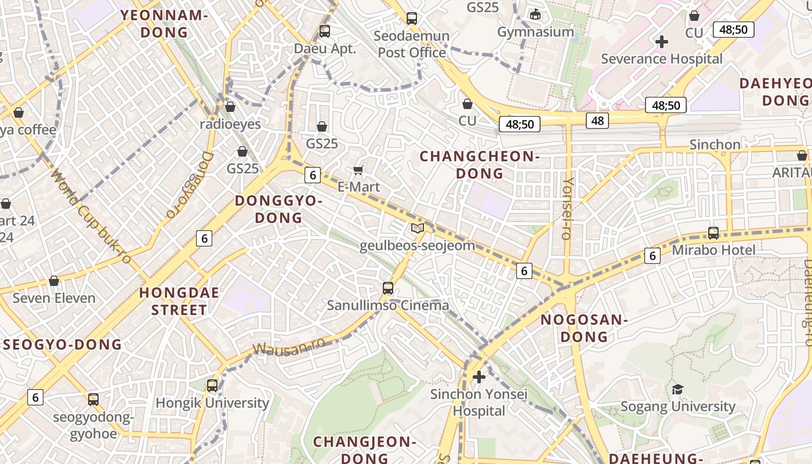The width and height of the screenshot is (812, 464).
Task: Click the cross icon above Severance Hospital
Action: pyautogui.click(x=661, y=42)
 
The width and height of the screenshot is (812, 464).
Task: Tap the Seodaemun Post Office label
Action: pyautogui.click(x=411, y=44)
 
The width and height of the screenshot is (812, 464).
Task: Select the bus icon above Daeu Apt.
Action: pyautogui.click(x=324, y=31)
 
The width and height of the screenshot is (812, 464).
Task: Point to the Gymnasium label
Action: pyautogui.click(x=535, y=32)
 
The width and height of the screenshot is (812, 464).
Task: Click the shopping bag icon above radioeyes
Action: pyautogui.click(x=230, y=107)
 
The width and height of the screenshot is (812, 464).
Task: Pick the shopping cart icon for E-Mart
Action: pyautogui.click(x=358, y=170)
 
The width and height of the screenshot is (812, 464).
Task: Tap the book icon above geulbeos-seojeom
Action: pyautogui.click(x=418, y=228)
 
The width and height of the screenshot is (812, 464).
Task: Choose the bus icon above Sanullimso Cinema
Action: pyautogui.click(x=388, y=288)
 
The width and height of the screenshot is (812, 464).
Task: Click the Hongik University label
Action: pyautogui.click(x=212, y=403)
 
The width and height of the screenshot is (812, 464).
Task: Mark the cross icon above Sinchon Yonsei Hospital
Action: pyautogui.click(x=478, y=378)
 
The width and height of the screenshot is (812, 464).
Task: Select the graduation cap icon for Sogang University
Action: pyautogui.click(x=677, y=389)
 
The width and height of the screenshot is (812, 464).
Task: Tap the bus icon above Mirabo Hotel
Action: pyautogui.click(x=713, y=233)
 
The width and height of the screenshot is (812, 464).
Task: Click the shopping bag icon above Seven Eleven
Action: pyautogui.click(x=54, y=281)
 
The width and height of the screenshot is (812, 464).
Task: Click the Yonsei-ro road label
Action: pyautogui.click(x=567, y=209)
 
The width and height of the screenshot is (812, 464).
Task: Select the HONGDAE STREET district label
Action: pyautogui.click(x=179, y=301)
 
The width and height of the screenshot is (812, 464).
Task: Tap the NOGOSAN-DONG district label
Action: pyautogui.click(x=584, y=328)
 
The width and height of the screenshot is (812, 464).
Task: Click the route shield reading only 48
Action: pyautogui.click(x=597, y=121)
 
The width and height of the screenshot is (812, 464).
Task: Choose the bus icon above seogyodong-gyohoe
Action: pyautogui.click(x=93, y=400)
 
